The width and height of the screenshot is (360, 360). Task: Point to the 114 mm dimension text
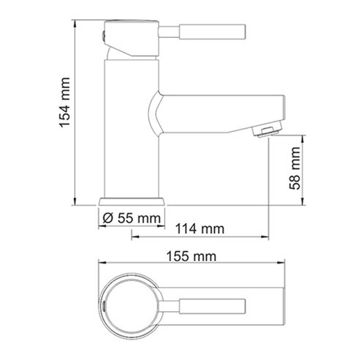click(x=201, y=229)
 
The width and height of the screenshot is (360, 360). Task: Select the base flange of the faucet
click(x=131, y=202)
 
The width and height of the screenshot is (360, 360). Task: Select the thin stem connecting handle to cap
click(x=170, y=32)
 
